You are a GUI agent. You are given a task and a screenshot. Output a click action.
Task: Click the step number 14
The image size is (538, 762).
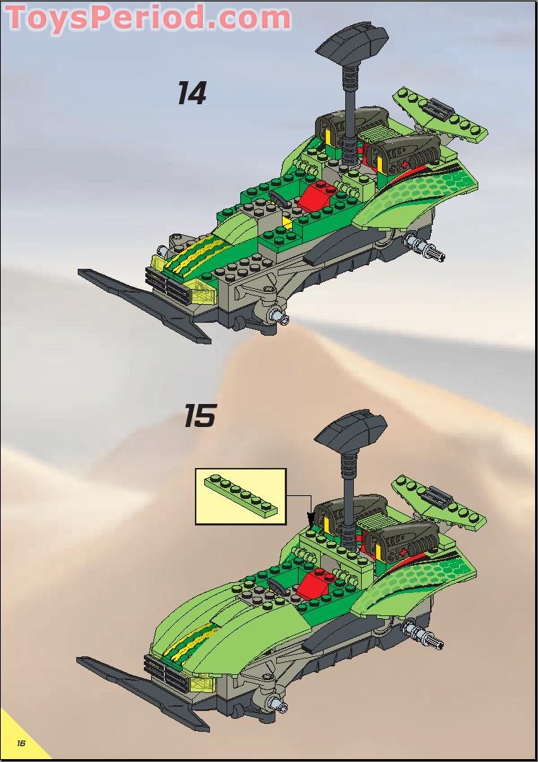(192, 94)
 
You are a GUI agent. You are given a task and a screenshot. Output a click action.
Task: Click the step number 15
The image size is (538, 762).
(199, 415)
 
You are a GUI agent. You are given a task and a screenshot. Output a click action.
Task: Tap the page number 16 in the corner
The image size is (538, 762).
(22, 743)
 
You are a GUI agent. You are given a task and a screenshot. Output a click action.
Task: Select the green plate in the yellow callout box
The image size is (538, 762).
(241, 495)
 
